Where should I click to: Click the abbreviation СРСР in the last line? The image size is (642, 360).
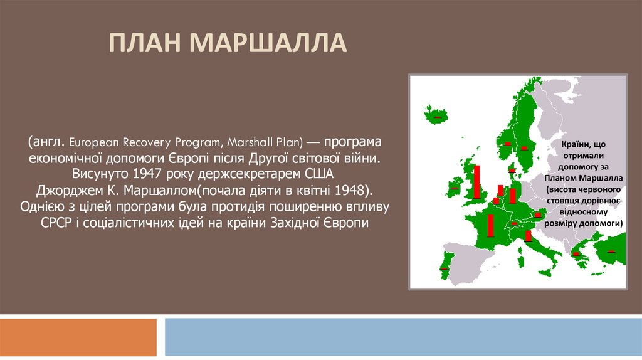(58, 224)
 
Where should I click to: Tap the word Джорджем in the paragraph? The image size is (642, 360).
(67, 190)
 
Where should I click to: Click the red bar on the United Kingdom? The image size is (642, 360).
(477, 181)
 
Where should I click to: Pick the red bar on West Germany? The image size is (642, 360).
(513, 196)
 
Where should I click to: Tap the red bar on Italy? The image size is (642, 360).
(528, 236)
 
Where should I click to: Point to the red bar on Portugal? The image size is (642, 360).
(443, 268)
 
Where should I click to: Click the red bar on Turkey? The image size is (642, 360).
(611, 251)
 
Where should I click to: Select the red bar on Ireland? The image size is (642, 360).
(454, 188)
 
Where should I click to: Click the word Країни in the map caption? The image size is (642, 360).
(570, 146)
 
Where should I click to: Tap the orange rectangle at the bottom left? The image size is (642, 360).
(78, 337)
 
